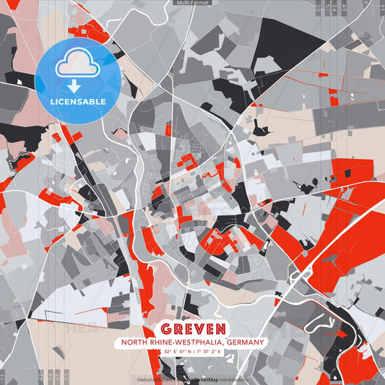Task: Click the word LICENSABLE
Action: coord(78,101)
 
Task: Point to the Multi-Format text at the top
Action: coord(192,3)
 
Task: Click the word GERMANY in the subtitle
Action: coord(243,342)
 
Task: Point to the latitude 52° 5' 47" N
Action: coord(170,352)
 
